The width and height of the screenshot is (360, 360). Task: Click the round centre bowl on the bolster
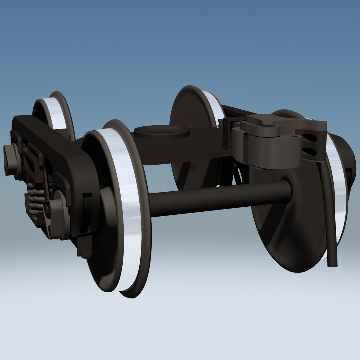tap(161, 133)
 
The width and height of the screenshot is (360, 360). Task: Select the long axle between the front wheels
tap(217, 198)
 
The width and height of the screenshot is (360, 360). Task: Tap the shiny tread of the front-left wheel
tap(128, 207)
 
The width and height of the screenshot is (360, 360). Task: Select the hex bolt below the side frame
tap(85, 252)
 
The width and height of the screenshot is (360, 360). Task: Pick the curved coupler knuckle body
tap(263, 147)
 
